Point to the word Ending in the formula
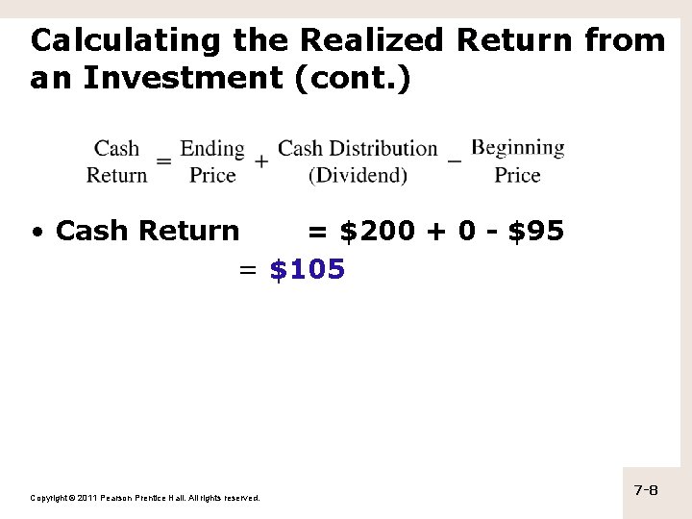(x=212, y=149)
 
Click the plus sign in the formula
(x=261, y=161)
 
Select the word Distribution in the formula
(x=383, y=149)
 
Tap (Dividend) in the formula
(x=358, y=175)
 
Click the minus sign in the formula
(x=455, y=161)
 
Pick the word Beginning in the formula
(x=518, y=148)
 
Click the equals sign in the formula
(x=163, y=161)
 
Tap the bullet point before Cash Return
(x=37, y=232)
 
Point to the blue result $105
(x=308, y=270)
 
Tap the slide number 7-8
(x=646, y=490)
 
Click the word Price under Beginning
(x=517, y=175)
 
